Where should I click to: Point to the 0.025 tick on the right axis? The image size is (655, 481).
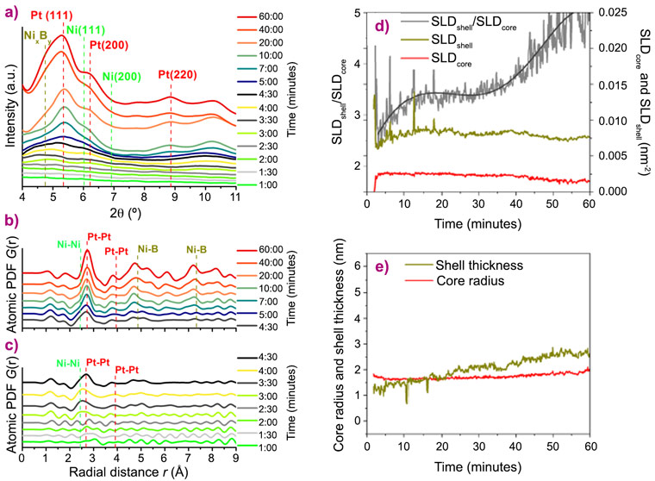(613, 12)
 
